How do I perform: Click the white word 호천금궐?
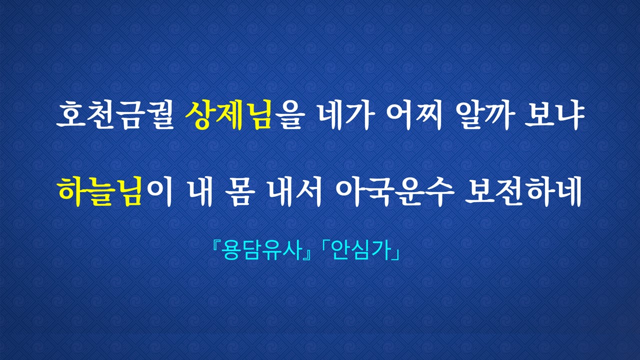[x=115, y=115]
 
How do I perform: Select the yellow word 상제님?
[x=228, y=115]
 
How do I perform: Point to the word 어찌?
[x=414, y=115]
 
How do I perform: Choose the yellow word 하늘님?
[x=100, y=191]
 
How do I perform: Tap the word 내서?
[x=295, y=191]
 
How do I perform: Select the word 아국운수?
[x=394, y=191]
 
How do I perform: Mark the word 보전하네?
[x=523, y=191]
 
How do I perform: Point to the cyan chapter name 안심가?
[x=361, y=250]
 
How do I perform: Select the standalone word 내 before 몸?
[x=200, y=191]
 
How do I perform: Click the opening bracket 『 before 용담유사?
[x=216, y=245]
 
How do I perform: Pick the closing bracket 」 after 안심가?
[x=395, y=254]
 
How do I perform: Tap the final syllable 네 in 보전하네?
[x=568, y=191]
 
